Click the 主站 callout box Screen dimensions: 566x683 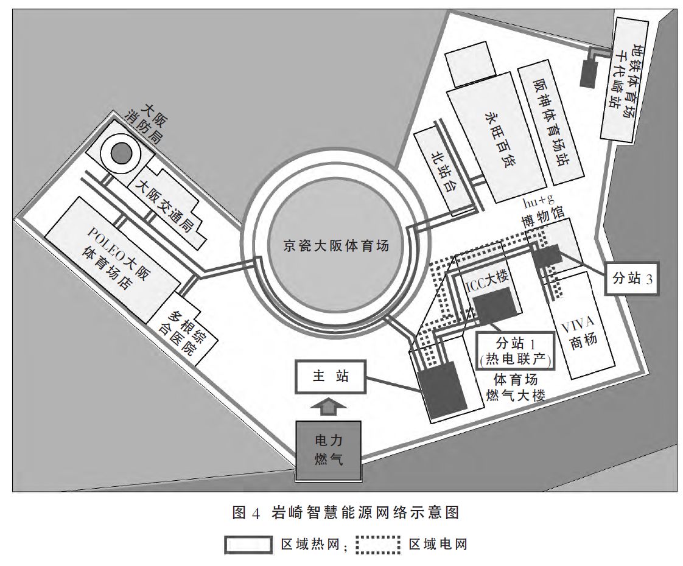point(331,377)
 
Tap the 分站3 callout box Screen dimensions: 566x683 point(632,279)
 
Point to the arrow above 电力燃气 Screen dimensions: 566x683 point(328,406)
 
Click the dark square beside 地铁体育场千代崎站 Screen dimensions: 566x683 point(589,74)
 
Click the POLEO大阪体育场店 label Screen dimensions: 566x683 point(113,256)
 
